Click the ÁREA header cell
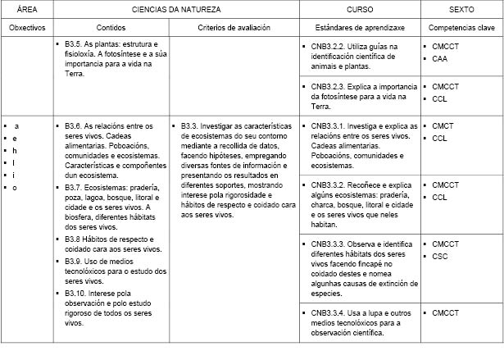pos(27,8)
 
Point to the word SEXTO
pos(462,8)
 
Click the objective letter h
pos(16,150)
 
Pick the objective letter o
pos(16,187)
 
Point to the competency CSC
pos(440,256)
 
